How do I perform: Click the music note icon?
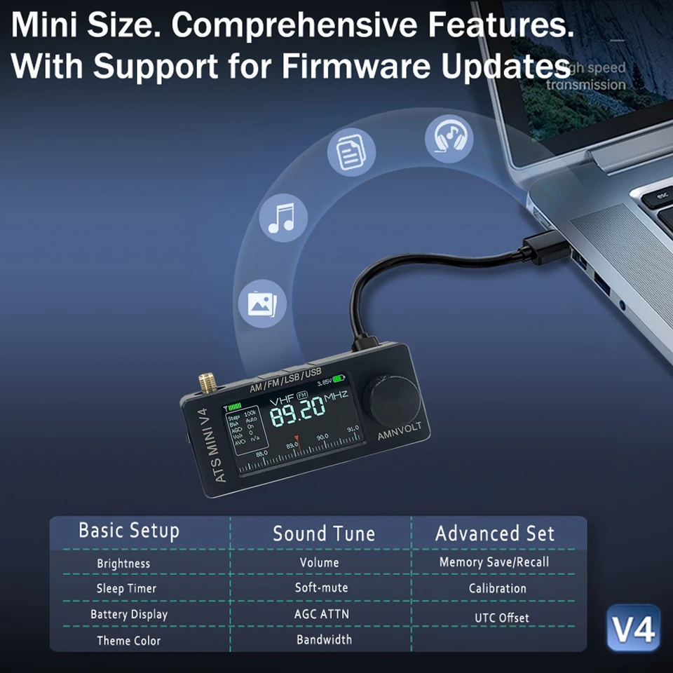(x=283, y=217)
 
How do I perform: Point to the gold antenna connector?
(x=207, y=383)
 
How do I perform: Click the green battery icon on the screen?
(x=339, y=379)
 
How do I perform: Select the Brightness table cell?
(x=123, y=564)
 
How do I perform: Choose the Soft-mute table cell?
(x=321, y=587)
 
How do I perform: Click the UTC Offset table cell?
(x=499, y=618)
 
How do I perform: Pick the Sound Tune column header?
(x=323, y=533)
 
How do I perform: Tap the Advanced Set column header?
(x=495, y=533)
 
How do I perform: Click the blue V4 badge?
(x=634, y=629)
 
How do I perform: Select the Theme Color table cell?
(x=128, y=641)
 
